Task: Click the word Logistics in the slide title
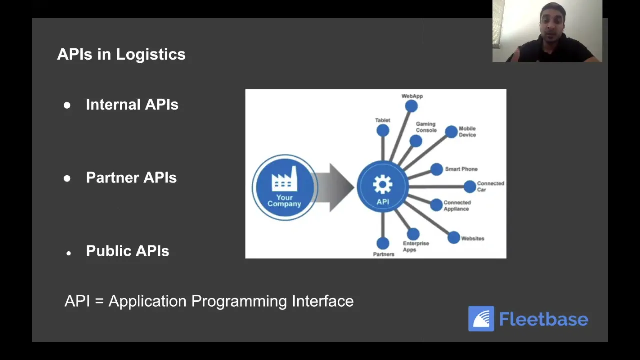(x=150, y=54)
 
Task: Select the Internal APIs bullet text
(x=132, y=104)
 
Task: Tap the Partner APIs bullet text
(x=131, y=178)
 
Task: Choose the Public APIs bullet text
(x=127, y=251)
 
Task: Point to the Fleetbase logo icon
(x=481, y=319)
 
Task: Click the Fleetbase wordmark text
(x=544, y=319)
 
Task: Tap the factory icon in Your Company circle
(x=284, y=179)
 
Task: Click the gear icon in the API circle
(x=383, y=185)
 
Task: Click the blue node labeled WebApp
(x=411, y=106)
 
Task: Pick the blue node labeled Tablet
(x=383, y=131)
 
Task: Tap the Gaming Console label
(x=426, y=127)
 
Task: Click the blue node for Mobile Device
(x=451, y=132)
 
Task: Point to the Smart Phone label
(x=461, y=169)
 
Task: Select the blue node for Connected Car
(x=470, y=187)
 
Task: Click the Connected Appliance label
(x=457, y=206)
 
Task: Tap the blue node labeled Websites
(x=454, y=238)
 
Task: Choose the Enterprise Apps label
(x=416, y=246)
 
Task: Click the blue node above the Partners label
(x=383, y=243)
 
